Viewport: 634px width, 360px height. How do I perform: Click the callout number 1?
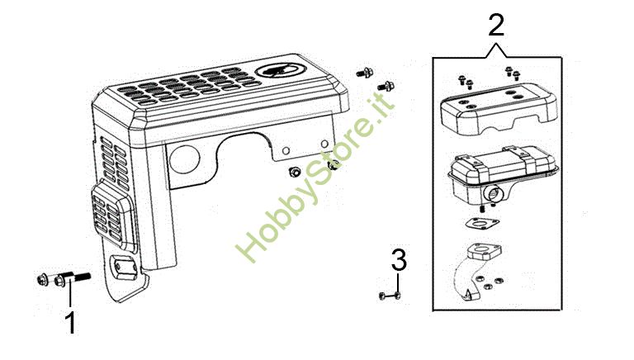(71, 323)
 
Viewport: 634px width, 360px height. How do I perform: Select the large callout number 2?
(496, 25)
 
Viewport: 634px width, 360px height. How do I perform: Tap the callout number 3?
(399, 260)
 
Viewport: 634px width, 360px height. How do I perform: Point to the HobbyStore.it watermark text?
(315, 177)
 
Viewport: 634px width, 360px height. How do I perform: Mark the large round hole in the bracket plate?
(184, 159)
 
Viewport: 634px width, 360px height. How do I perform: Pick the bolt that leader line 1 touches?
(72, 278)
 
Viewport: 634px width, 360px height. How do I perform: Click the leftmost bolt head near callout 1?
(42, 280)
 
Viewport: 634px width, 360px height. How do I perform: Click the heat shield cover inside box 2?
(498, 107)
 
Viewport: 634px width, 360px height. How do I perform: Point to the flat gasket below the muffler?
(481, 223)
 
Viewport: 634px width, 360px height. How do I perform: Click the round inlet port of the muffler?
(494, 193)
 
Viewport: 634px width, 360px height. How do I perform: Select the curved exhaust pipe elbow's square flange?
(484, 251)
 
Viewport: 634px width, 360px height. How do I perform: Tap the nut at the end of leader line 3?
(397, 296)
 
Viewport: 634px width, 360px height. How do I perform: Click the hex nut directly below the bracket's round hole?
(294, 173)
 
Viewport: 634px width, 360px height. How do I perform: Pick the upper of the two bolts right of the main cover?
(365, 73)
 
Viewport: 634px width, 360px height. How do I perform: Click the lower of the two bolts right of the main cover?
(386, 86)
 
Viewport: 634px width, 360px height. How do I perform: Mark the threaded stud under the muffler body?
(482, 209)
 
